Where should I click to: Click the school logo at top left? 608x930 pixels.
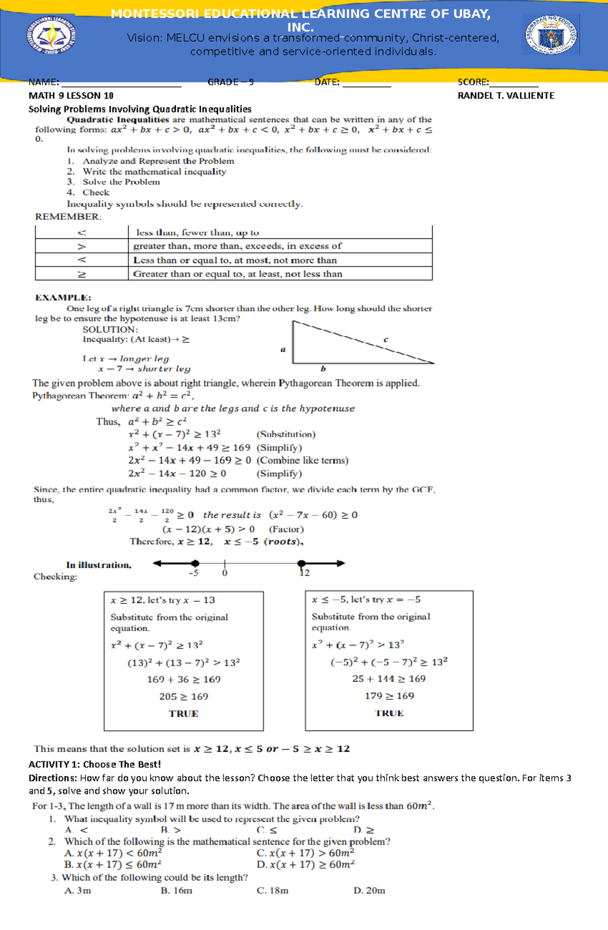[51, 35]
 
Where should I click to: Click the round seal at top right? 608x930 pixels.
[551, 35]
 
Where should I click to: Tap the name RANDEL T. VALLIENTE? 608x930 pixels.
[506, 96]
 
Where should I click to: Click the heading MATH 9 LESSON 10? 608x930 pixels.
[71, 96]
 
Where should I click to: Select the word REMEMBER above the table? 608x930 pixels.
[68, 217]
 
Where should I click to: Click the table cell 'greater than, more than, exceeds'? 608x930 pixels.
[237, 246]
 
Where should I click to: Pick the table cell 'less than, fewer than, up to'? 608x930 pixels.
[198, 233]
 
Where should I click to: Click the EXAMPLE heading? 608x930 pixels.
[63, 297]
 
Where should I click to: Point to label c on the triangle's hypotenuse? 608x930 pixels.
[386, 340]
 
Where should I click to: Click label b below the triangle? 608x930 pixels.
[323, 369]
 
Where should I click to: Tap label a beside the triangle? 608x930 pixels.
[283, 349]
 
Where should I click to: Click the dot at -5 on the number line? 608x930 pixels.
[195, 563]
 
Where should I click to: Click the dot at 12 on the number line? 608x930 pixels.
[301, 563]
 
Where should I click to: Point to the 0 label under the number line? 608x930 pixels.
[224, 573]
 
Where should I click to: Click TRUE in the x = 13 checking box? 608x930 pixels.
[183, 714]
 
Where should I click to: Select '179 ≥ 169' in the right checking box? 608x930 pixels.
[389, 696]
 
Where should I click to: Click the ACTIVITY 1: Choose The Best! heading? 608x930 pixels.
[94, 764]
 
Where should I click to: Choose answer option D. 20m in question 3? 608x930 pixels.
[369, 890]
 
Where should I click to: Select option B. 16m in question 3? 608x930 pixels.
[176, 890]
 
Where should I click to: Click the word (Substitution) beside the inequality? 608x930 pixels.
[286, 434]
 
